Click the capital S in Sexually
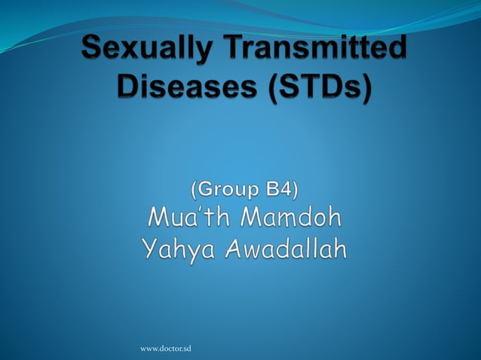[x=92, y=54]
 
